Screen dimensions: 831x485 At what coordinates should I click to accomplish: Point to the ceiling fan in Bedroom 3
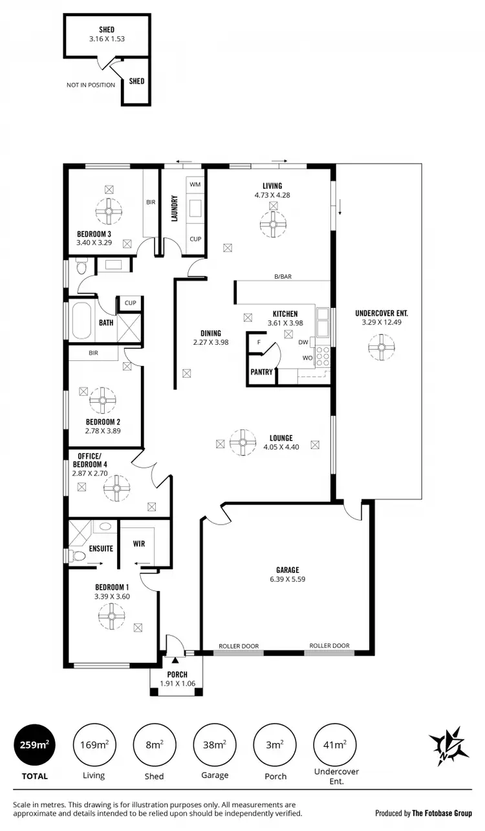[109, 210]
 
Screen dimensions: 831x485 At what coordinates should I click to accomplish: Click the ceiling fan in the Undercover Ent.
[382, 347]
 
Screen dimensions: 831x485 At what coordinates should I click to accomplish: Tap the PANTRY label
[261, 372]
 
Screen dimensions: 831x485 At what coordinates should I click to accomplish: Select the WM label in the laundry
[195, 184]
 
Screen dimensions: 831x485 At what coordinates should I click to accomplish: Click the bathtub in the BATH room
[81, 321]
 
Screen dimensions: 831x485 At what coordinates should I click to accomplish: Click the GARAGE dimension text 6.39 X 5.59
[288, 579]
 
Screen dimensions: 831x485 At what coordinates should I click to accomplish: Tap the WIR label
[139, 544]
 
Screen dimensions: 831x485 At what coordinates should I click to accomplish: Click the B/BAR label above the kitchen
[283, 276]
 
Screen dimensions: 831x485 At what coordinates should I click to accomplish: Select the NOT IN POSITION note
[91, 85]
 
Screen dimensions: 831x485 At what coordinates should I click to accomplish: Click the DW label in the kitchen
[303, 343]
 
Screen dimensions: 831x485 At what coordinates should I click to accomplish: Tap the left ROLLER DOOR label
[239, 645]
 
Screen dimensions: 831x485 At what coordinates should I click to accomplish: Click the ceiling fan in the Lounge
[243, 442]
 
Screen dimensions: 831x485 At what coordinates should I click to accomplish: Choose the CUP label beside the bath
[130, 303]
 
